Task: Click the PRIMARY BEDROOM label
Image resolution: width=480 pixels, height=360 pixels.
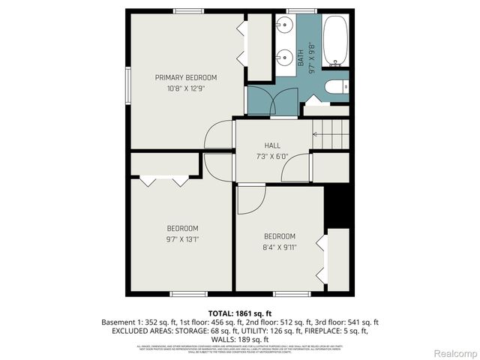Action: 186,77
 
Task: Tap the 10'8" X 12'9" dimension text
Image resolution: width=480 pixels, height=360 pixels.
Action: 186,88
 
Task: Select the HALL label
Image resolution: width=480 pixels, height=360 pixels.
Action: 272,145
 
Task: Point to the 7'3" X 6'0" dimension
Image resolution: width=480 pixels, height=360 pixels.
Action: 272,157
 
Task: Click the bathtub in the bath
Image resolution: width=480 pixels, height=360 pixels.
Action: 335,40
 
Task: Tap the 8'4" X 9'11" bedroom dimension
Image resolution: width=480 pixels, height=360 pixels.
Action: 279,246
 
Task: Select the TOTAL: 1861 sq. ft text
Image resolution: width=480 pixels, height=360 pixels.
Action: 240,313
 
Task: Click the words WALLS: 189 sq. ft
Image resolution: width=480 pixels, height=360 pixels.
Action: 240,340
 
